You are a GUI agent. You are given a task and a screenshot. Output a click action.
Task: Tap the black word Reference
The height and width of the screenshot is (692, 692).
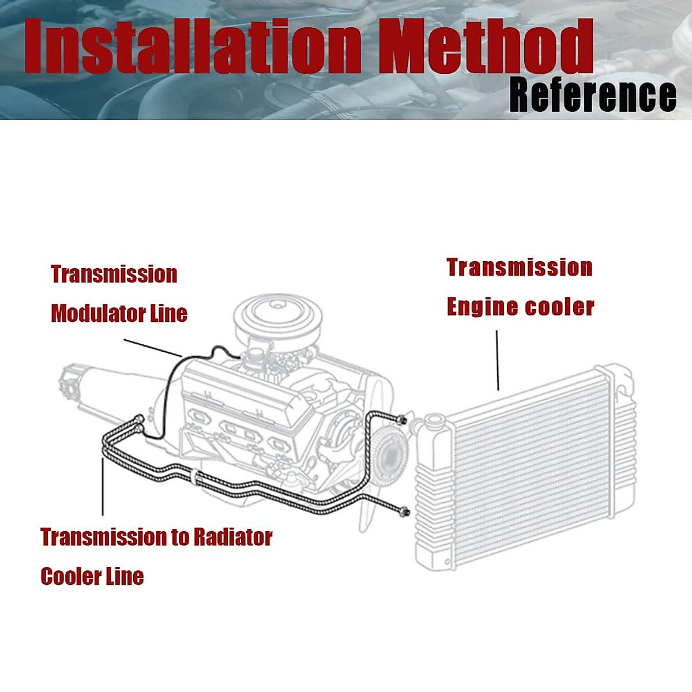tap(593, 95)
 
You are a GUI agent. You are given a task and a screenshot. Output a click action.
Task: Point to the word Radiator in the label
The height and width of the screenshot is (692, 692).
tap(232, 537)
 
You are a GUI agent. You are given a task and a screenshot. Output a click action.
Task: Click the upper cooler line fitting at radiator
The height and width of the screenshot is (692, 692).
tap(401, 419)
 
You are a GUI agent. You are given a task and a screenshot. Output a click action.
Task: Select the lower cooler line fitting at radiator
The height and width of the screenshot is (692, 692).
tap(405, 510)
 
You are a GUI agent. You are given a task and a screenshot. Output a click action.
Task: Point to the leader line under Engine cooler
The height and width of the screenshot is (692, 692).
tap(497, 360)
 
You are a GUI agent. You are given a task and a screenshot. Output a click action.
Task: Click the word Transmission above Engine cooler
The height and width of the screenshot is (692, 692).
tap(520, 268)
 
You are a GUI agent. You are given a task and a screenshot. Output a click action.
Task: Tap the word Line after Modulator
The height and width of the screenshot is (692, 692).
tap(168, 314)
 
